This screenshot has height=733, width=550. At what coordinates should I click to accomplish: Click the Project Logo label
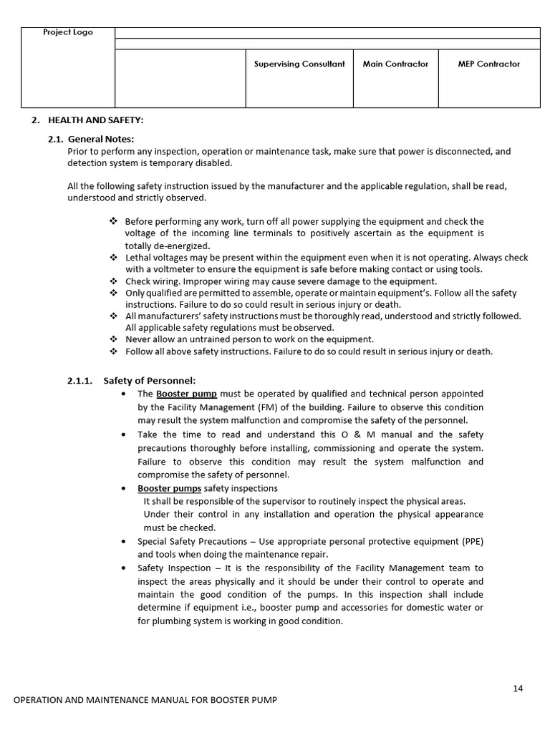(68, 32)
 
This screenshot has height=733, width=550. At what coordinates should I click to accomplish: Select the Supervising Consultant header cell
(299, 64)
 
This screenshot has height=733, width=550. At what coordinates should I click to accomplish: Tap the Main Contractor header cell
(395, 64)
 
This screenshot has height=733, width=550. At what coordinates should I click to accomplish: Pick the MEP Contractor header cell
(488, 64)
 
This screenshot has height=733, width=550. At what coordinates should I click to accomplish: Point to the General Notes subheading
(100, 139)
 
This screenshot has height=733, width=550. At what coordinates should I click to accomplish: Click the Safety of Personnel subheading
(149, 380)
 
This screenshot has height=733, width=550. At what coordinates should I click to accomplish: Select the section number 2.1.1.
(80, 380)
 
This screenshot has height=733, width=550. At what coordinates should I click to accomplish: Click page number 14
(518, 689)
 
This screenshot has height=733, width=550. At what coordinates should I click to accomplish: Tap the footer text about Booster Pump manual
(145, 699)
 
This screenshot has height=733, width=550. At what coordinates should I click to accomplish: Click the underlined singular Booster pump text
(186, 394)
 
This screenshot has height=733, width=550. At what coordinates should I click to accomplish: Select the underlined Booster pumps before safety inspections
(170, 488)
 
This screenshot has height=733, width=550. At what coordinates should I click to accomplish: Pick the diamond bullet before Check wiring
(113, 281)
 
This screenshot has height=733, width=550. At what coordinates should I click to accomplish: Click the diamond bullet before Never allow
(113, 339)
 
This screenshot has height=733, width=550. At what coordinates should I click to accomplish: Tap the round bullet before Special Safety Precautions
(125, 541)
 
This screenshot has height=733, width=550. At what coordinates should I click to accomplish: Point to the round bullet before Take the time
(125, 435)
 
